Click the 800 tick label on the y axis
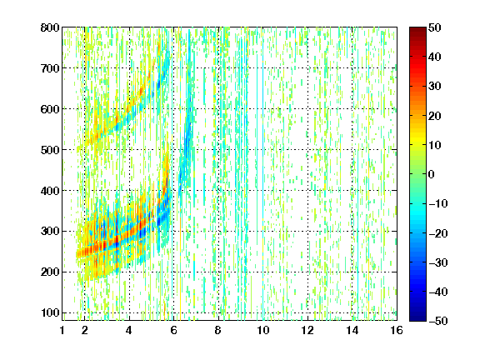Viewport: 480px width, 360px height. pos(50,27)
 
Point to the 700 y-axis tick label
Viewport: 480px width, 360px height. pos(50,68)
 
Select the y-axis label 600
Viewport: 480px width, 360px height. pos(50,109)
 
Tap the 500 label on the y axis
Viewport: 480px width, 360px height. pos(50,150)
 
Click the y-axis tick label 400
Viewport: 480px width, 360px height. pos(50,191)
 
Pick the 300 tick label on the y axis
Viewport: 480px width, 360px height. pos(50,232)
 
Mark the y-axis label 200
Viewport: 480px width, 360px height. pos(50,272)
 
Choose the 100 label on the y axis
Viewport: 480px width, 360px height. pos(50,312)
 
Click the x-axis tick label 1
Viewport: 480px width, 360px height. pos(62,330)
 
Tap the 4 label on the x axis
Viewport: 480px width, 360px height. pos(129,330)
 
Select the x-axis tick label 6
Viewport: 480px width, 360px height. pos(173,330)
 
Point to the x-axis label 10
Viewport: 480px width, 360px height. pos(262,330)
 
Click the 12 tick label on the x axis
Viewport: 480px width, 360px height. pos(307,330)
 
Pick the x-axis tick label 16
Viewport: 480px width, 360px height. pos(397,330)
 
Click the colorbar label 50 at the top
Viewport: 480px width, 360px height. pos(435,27)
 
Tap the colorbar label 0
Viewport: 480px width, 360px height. pos(432,174)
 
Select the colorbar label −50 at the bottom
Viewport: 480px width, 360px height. pos(438,321)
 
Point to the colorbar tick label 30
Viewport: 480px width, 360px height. pos(435,87)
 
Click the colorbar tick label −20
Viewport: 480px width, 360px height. pos(438,233)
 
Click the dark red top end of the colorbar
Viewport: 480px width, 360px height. pos(417,29)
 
